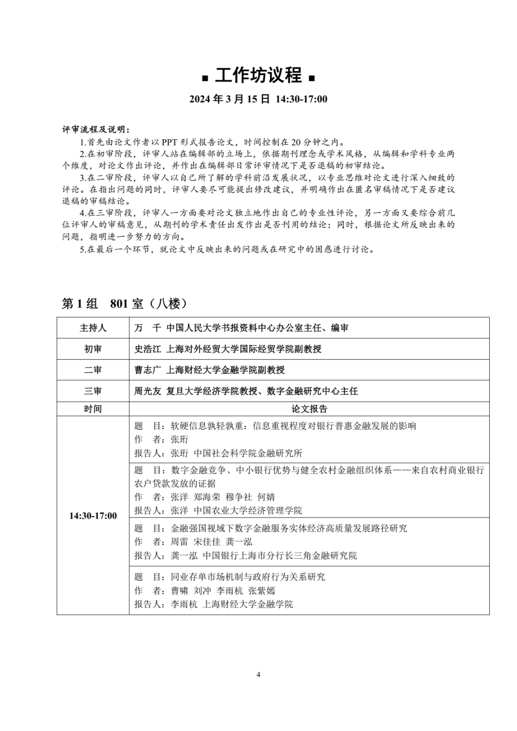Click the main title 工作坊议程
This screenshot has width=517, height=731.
(258, 75)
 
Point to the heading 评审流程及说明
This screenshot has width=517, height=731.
(96, 130)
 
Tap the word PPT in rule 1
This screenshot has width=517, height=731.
(170, 142)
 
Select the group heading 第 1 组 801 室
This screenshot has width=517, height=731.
(124, 303)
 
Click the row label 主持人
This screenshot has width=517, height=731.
(93, 328)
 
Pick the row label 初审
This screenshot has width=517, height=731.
(93, 349)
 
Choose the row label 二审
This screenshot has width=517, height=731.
(93, 370)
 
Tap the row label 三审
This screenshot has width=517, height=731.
(93, 391)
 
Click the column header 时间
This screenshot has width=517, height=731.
(93, 409)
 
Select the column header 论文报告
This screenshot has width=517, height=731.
(309, 409)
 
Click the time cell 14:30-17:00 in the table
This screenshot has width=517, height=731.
(93, 516)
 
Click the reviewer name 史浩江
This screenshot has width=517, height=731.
(147, 349)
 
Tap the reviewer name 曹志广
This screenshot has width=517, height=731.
(147, 370)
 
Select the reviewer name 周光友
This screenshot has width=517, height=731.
(147, 391)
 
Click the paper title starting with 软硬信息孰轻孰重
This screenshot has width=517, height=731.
(293, 426)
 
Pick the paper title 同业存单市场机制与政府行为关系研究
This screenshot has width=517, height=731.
(248, 577)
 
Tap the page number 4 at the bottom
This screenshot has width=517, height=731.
(258, 675)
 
